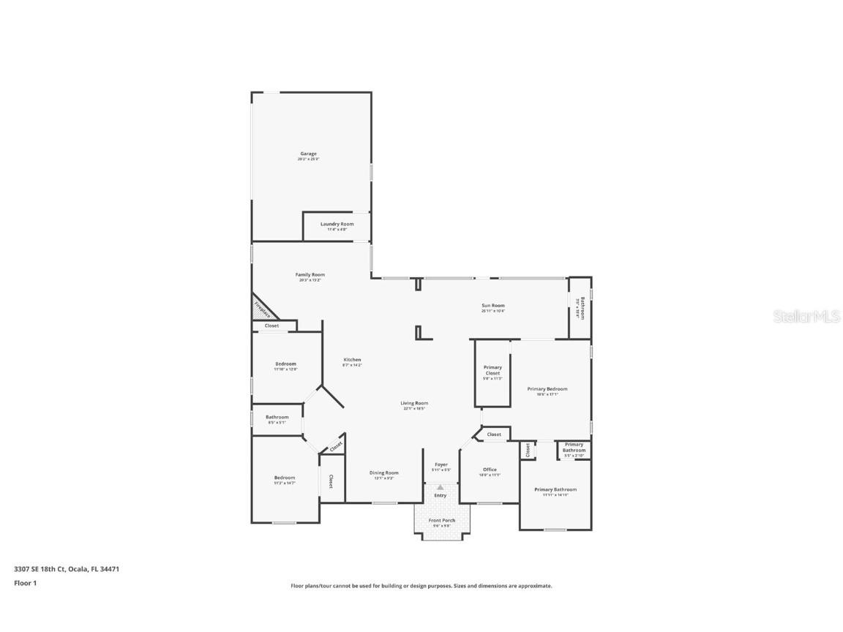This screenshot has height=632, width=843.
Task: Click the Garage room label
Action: click(308, 154)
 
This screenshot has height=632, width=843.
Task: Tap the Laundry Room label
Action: click(337, 225)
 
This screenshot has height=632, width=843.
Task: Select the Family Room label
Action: click(310, 275)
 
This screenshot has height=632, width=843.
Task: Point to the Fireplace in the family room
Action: click(262, 309)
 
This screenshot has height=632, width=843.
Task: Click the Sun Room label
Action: click(492, 306)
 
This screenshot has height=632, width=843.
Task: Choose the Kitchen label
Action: click(353, 360)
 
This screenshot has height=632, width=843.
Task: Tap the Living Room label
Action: click(414, 404)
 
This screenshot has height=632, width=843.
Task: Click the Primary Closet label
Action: click(492, 371)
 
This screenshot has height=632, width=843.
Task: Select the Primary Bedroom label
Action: click(547, 389)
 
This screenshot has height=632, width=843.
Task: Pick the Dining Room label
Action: click(384, 473)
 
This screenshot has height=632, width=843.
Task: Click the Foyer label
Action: click(441, 465)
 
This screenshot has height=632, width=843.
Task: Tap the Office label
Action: click(490, 470)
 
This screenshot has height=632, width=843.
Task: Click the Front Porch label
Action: click(441, 521)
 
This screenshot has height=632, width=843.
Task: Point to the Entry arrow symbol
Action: click(441, 488)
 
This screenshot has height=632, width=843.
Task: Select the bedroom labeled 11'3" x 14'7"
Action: click(285, 478)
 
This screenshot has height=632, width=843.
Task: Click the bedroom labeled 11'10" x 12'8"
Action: click(285, 364)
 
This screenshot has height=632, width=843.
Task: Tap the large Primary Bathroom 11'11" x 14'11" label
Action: click(555, 490)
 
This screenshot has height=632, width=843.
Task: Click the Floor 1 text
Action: click(25, 583)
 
